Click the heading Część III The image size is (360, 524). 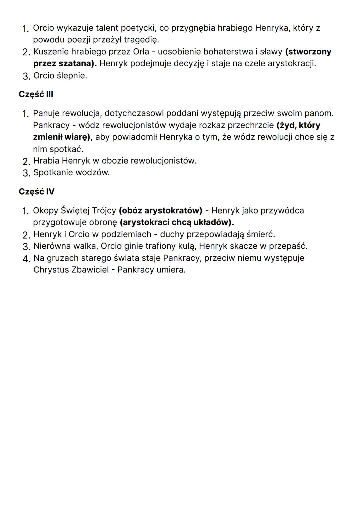[36, 94]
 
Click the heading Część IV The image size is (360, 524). [36, 192]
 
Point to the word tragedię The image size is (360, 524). [141, 40]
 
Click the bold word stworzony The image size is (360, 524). [308, 52]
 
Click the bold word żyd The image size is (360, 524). [286, 125]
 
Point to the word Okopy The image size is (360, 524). [45, 211]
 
